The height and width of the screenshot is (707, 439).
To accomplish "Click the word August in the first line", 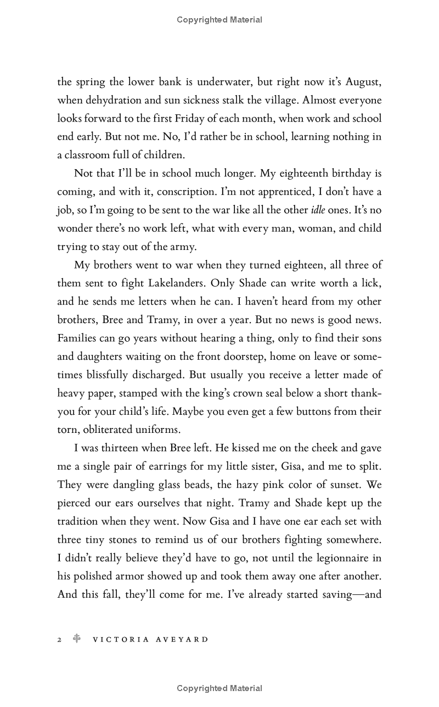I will [x=363, y=82].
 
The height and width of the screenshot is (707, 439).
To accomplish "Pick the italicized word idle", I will [x=318, y=210].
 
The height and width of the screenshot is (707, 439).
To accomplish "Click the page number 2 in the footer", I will [x=59, y=639].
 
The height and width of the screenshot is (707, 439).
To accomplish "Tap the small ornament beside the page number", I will [x=77, y=639].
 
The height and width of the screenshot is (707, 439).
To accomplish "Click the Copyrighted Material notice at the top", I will [x=219, y=20].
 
